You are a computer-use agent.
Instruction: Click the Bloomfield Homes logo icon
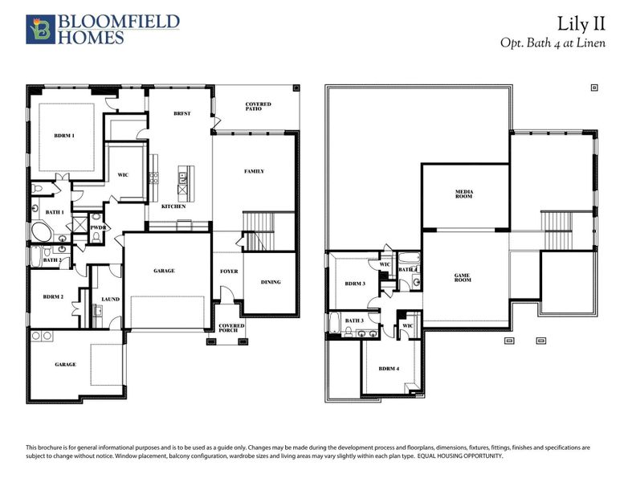38,29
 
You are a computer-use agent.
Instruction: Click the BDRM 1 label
64,135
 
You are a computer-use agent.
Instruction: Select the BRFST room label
181,114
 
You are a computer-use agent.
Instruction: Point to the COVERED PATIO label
259,108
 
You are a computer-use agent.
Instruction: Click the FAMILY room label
254,171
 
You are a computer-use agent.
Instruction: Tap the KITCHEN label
173,206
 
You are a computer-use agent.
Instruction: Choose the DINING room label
271,282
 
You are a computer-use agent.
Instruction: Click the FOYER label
229,272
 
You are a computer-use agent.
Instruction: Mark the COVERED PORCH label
232,328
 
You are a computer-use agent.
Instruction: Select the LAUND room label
110,300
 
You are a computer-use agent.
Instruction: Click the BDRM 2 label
53,297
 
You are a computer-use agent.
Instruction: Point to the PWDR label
98,228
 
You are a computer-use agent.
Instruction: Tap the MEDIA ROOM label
464,195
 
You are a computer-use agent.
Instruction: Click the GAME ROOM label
462,278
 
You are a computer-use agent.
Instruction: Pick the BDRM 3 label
355,284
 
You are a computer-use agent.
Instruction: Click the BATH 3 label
354,321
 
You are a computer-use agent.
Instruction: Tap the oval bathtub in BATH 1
40,234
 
